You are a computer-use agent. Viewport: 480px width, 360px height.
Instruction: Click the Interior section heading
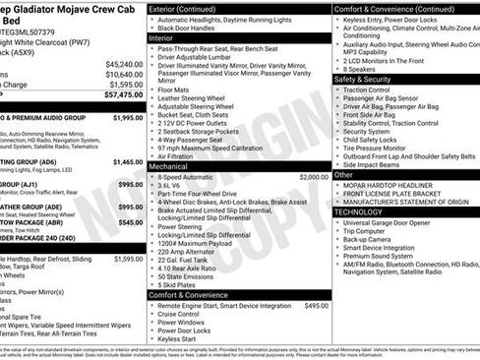164,37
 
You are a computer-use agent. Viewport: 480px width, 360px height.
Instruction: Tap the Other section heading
344,174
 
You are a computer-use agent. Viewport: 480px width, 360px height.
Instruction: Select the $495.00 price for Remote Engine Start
316,306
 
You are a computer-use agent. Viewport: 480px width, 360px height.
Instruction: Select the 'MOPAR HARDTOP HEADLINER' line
388,185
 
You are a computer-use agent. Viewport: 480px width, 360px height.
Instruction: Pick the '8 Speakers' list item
361,69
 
